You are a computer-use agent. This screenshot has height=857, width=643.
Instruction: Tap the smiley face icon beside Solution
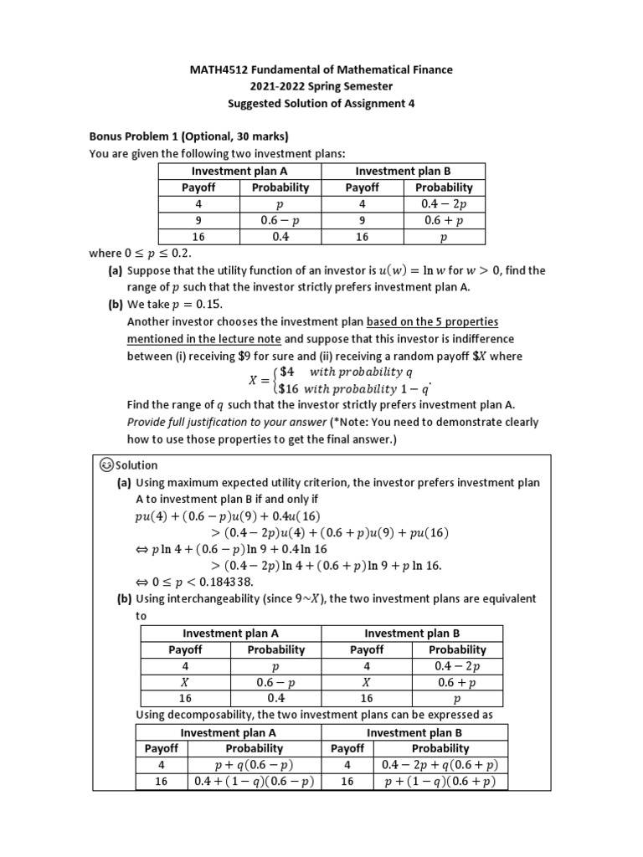coord(106,465)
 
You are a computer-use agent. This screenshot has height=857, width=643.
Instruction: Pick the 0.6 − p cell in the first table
coord(280,220)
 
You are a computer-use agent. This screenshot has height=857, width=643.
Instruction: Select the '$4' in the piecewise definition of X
coord(286,372)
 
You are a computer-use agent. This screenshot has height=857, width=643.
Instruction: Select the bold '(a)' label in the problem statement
coord(115,270)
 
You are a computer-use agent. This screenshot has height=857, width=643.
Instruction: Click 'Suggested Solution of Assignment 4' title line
coord(321,103)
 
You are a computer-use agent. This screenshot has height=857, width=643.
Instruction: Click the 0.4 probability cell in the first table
coord(280,237)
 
